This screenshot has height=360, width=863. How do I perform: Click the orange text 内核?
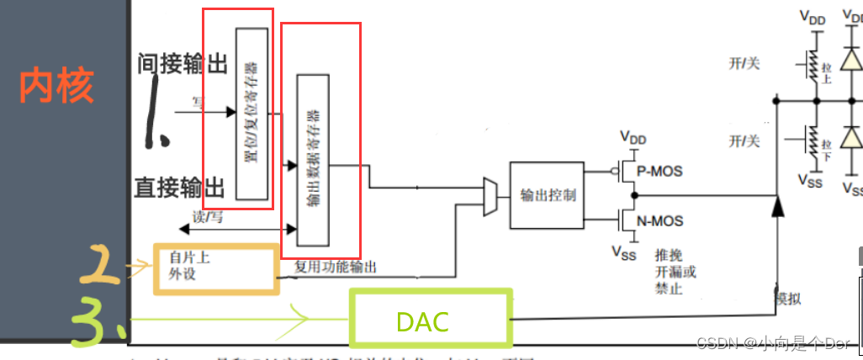(56, 85)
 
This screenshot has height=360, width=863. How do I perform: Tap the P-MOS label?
(659, 171)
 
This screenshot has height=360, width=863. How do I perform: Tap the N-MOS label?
(659, 221)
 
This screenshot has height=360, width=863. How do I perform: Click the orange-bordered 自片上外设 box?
(216, 268)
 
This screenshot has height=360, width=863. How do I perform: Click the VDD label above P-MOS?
(635, 136)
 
